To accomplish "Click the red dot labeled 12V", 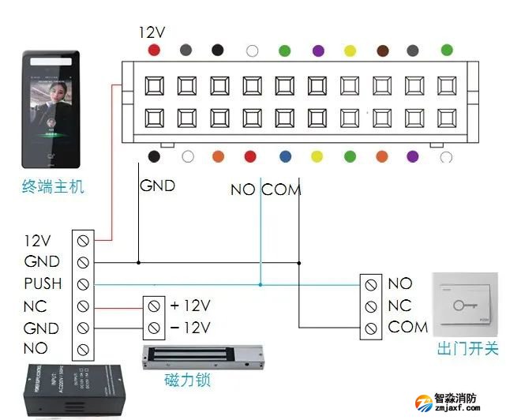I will [154, 50].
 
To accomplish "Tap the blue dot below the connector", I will [284, 156].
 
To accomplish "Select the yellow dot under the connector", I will [317, 156].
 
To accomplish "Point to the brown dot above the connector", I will [381, 50].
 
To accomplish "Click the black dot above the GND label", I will [155, 156].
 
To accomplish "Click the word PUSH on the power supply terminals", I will [43, 283].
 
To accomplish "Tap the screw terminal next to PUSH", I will [83, 283].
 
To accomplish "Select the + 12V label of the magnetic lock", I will [190, 305].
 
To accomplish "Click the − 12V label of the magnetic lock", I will [190, 327].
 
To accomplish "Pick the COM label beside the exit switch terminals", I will [408, 327].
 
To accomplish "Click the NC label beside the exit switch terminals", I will [400, 305].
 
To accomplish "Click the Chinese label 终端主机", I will [52, 188].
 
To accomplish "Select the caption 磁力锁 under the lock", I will [187, 381].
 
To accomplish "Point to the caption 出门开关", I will [467, 348].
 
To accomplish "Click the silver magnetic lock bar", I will [201, 357].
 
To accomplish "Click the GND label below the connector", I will [157, 187].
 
